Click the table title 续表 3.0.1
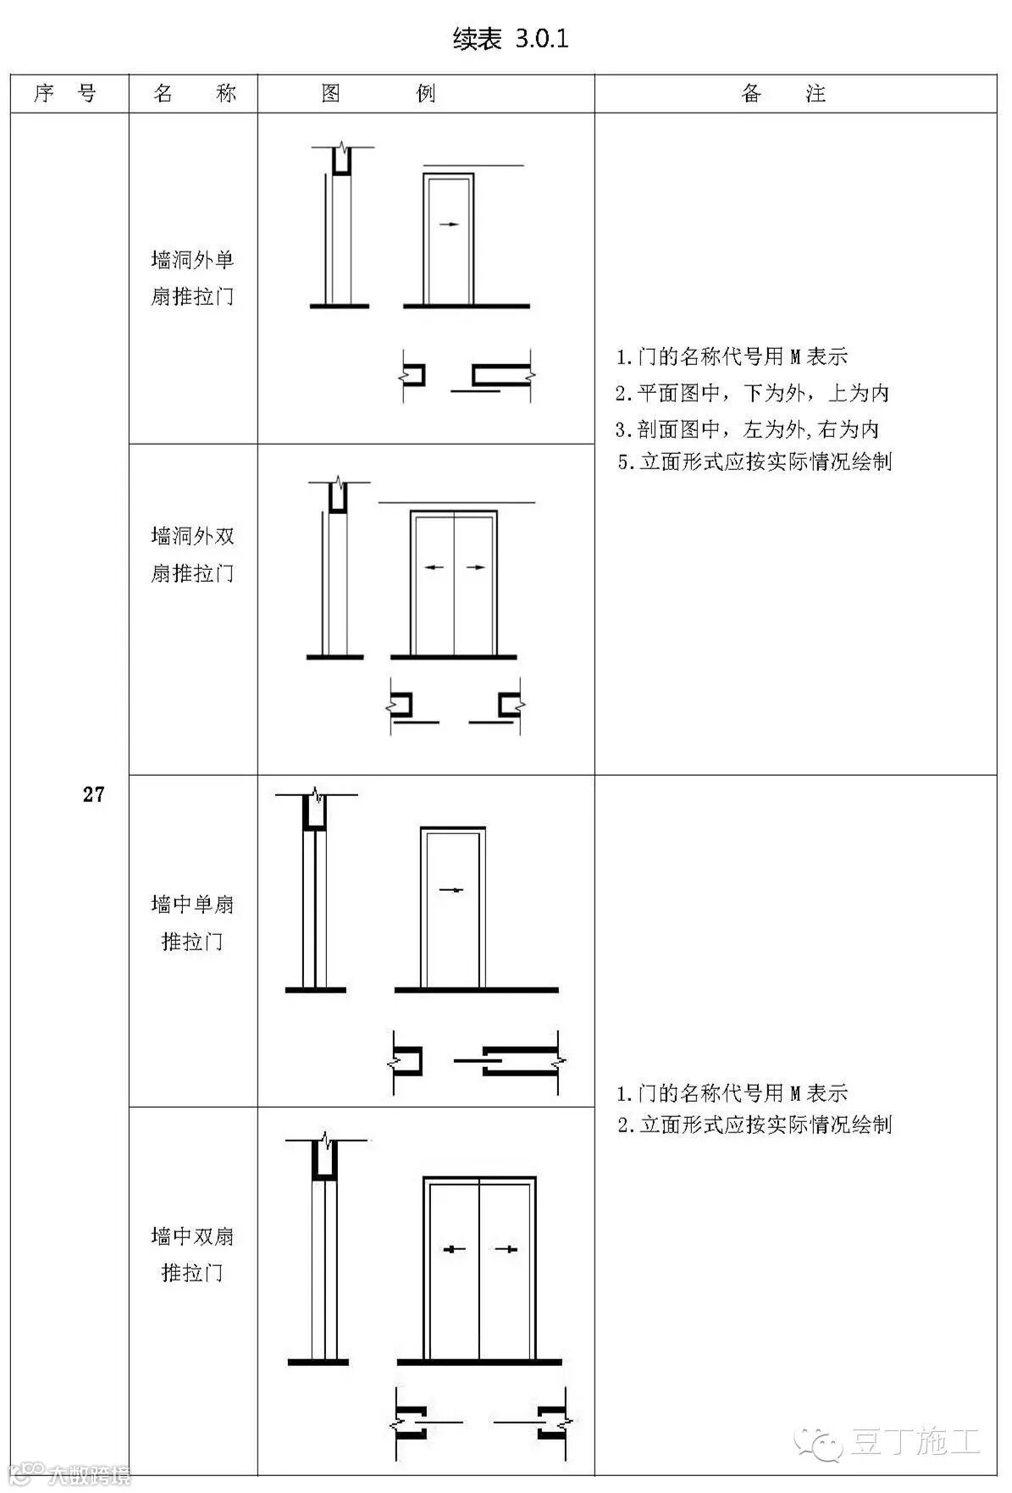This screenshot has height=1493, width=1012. point(510,39)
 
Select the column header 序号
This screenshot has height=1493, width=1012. point(65,93)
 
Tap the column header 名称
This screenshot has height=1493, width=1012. point(194,93)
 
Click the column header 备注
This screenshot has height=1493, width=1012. point(783,93)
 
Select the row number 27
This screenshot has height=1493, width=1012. point(93,794)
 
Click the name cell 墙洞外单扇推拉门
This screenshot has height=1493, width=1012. point(193,278)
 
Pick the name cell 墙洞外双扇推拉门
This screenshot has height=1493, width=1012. point(193,555)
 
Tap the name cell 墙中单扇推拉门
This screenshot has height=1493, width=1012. point(193,922)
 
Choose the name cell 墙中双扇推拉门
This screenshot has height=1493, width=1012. point(193,1254)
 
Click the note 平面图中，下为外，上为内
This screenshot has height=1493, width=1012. point(752,393)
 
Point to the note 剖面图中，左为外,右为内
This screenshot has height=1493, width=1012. point(747,429)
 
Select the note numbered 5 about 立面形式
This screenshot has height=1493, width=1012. point(754,462)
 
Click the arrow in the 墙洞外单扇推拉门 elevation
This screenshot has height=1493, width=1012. point(450,224)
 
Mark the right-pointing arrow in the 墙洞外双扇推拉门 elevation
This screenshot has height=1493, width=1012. point(475,567)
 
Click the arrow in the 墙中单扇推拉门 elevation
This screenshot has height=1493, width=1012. point(451,890)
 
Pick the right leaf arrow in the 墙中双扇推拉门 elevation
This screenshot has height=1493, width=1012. point(506,1249)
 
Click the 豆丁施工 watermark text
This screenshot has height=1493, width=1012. point(915,1441)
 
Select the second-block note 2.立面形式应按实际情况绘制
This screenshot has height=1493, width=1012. point(754,1125)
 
